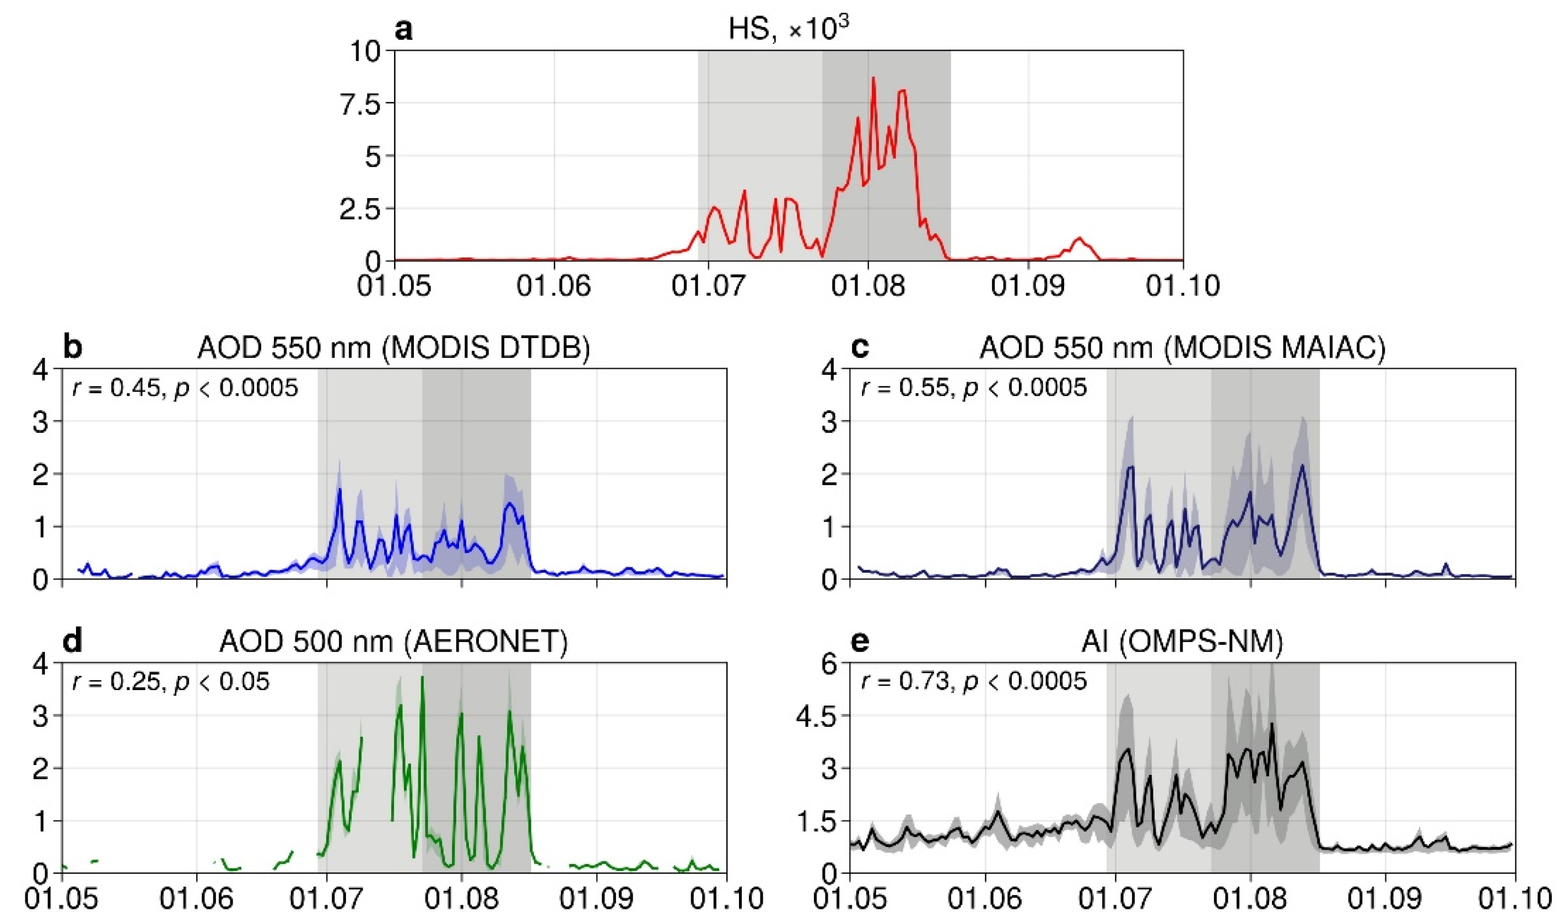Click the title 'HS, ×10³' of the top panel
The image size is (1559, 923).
pos(789,29)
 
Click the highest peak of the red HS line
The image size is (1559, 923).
pos(873,78)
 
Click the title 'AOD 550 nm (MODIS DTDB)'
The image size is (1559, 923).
pos(393,348)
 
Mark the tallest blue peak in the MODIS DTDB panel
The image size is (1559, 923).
pos(340,490)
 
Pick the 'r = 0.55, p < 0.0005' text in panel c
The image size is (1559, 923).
pos(974,388)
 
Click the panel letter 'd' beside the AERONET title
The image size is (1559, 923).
pos(73,641)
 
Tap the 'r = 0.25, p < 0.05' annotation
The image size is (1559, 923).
pos(171,682)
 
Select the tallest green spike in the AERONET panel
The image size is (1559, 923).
pos(422,677)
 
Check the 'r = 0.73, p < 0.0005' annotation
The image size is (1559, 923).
pos(974,682)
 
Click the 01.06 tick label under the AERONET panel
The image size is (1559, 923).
pos(197,899)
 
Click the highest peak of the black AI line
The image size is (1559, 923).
pos(1272,724)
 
